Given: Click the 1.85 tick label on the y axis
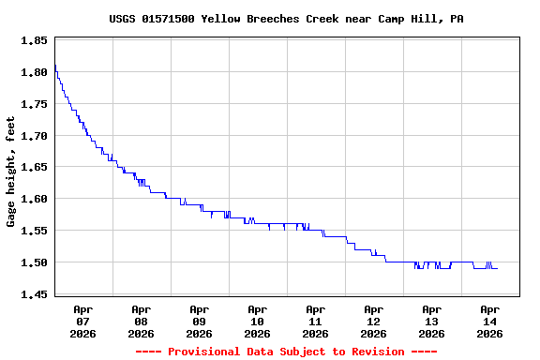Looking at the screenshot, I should (x=34, y=40).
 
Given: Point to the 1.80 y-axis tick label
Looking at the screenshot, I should (x=34, y=72).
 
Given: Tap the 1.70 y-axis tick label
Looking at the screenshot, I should (x=34, y=136).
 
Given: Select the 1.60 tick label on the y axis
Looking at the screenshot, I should (x=34, y=199).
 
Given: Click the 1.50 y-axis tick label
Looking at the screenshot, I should (x=34, y=262).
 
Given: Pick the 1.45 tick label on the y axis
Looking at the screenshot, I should (x=34, y=294).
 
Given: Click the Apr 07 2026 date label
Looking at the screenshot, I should (x=82, y=321).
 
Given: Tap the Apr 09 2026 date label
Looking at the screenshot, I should (x=199, y=321).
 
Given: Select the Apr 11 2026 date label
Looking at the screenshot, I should (x=315, y=321).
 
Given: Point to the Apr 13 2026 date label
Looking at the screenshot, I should (x=431, y=321).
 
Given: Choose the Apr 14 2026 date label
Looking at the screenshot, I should (x=489, y=321).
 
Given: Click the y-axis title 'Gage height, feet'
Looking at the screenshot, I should (x=11, y=172).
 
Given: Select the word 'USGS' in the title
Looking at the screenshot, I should (x=123, y=19).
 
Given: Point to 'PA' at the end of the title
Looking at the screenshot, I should (x=457, y=19).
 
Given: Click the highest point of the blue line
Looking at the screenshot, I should (x=55, y=66).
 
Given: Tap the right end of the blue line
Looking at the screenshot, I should (x=497, y=268).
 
